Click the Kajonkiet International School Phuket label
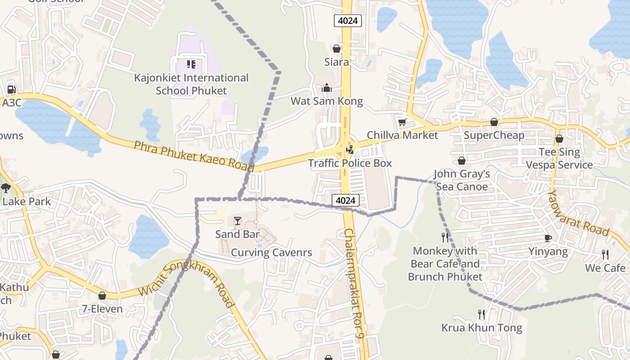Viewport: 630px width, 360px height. pos(191,84)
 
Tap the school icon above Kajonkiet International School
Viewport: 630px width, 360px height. pos(191,64)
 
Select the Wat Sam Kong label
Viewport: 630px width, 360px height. pos(327,101)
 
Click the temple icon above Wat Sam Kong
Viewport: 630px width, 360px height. pos(327,88)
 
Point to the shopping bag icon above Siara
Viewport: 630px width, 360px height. pos(337,49)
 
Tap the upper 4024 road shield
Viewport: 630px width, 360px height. pos(348,21)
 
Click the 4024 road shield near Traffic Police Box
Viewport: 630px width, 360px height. pos(346,200)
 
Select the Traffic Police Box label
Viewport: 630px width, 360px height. pos(350,163)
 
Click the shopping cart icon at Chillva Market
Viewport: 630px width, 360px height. pos(402,122)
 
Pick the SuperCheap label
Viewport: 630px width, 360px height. pos(494,135)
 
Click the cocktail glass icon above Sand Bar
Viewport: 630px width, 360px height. pos(238,221)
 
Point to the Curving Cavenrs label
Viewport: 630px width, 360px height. pos(271,252)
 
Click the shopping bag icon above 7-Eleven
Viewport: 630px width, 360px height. pos(102,296)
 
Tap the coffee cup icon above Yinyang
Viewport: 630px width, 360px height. pos(548,238)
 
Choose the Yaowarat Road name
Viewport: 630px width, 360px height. pos(579,213)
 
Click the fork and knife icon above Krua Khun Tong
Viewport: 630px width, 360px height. pos(481,314)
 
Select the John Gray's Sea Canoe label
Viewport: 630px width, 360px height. pos(462,180)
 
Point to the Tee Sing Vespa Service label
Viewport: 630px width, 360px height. pos(560,158)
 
